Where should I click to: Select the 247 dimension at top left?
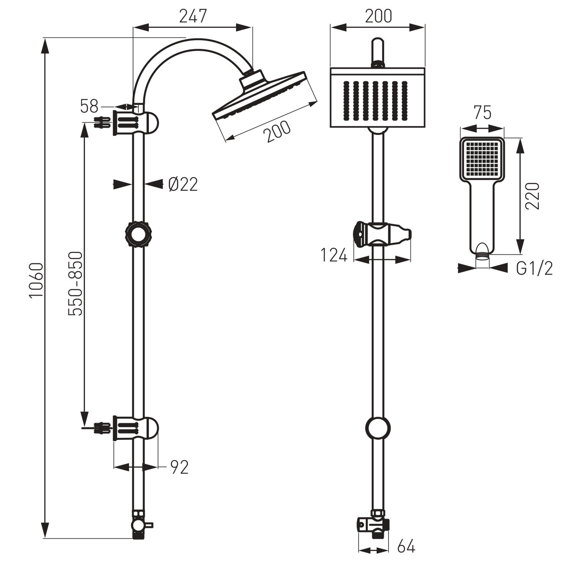[193, 16]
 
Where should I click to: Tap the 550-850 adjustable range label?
[76, 283]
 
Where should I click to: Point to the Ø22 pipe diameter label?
[182, 184]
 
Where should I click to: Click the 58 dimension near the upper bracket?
[89, 107]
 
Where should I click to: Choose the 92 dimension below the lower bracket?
[179, 467]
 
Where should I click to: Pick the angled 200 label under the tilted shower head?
[277, 132]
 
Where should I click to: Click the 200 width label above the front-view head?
[378, 16]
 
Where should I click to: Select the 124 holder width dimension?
[334, 255]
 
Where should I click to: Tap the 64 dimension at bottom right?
[406, 546]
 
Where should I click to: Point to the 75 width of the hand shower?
[482, 113]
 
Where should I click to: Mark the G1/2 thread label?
[534, 268]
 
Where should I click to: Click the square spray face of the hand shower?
[482, 159]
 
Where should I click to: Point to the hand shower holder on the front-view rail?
[381, 233]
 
